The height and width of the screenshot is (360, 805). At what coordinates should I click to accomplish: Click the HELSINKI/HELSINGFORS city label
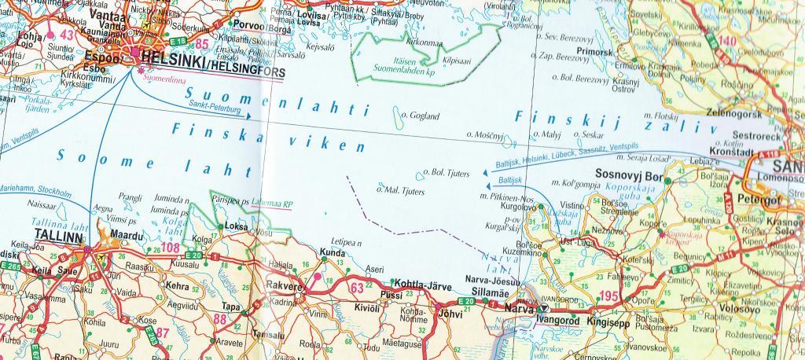pyautogui.click(x=211, y=56)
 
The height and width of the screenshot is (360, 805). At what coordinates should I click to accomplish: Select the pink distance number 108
pyautogui.click(x=171, y=249)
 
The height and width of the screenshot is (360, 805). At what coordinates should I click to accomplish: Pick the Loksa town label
pyautogui.click(x=236, y=226)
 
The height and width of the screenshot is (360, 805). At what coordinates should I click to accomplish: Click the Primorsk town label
pyautogui.click(x=594, y=52)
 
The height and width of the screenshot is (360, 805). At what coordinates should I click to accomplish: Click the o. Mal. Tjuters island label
pyautogui.click(x=401, y=191)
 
